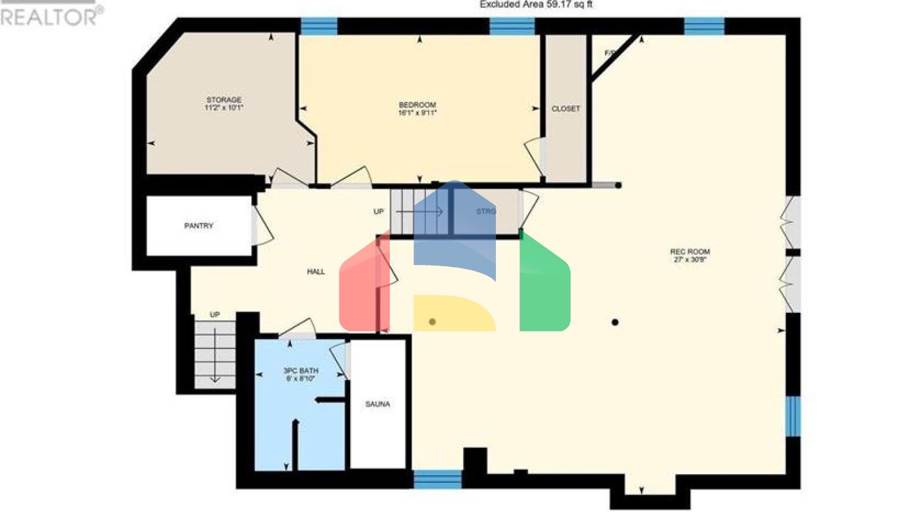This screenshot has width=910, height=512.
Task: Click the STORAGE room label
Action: (224, 100)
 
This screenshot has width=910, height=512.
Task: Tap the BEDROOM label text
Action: (417, 105)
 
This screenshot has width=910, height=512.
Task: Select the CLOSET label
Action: (565, 109)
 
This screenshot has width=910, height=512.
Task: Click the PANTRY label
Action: (198, 226)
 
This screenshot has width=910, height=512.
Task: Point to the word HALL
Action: (316, 271)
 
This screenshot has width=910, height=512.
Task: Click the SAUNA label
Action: (377, 404)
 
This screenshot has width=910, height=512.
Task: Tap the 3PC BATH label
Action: (300, 370)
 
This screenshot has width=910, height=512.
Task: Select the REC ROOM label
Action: (690, 251)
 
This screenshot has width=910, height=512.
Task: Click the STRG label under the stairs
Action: (486, 211)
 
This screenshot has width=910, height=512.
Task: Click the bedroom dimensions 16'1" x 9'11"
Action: (417, 113)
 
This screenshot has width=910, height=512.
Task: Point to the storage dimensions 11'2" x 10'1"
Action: (224, 108)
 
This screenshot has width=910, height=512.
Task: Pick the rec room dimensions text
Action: (690, 260)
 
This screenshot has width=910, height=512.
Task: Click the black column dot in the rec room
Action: (615, 322)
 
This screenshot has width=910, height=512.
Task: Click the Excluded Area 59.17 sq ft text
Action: (536, 5)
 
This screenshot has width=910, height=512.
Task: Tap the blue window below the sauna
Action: (437, 479)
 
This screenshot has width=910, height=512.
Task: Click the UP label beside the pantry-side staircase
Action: (214, 315)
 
